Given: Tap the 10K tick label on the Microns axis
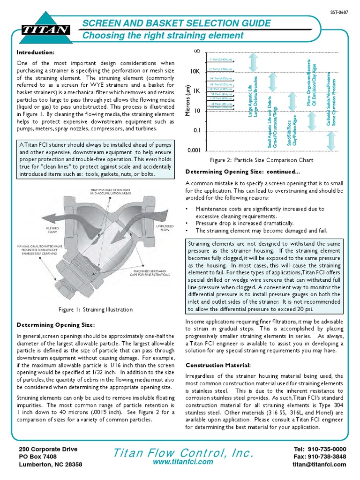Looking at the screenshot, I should click(195, 71).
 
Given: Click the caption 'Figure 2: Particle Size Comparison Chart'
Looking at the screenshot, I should click(262, 160).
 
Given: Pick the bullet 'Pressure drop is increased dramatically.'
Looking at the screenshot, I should click(245, 223).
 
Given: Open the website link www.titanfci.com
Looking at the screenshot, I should click(183, 462).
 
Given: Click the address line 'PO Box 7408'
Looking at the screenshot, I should click(37, 457).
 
